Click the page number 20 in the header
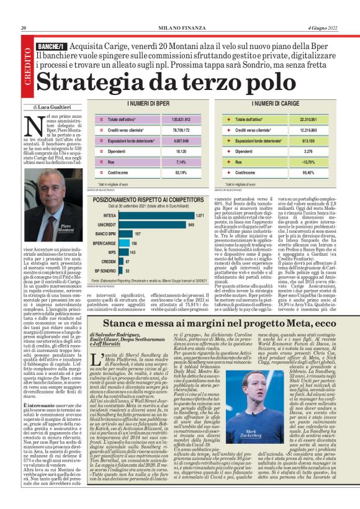point(23,28)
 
